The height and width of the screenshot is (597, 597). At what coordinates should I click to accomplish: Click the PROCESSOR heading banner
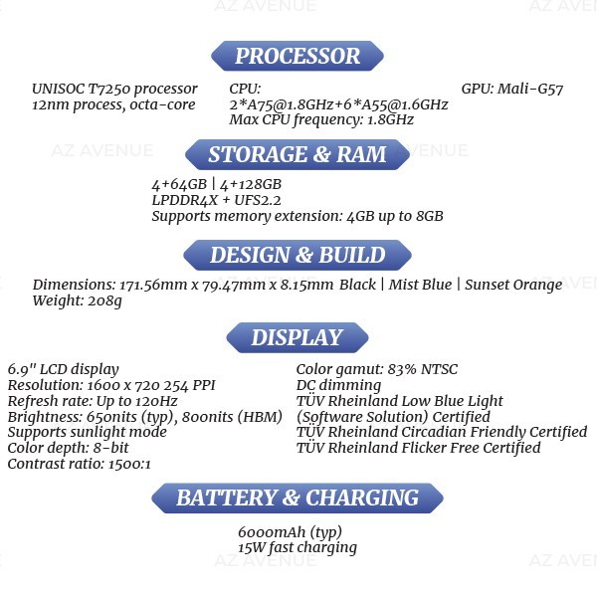(298, 56)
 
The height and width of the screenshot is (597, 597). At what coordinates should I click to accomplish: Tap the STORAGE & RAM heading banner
(298, 154)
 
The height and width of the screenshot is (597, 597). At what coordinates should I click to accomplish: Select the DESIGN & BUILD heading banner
(298, 255)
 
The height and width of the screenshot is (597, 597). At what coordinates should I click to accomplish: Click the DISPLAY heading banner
(298, 337)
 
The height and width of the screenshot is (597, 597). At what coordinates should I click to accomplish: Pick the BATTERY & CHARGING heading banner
(298, 498)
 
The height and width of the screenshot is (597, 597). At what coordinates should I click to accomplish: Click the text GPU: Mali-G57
(512, 89)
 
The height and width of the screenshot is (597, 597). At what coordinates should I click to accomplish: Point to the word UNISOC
(59, 89)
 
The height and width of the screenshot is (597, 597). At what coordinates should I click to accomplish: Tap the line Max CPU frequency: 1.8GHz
(321, 120)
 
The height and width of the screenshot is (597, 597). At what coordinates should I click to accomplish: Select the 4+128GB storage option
(251, 185)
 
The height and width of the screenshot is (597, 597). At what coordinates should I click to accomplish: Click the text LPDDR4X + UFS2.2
(216, 200)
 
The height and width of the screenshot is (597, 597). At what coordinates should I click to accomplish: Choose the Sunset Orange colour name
(513, 285)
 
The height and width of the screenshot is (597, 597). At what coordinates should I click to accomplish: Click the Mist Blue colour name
(420, 285)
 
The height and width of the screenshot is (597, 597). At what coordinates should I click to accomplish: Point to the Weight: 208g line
(78, 300)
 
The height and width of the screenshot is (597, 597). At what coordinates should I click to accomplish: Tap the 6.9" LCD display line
(64, 370)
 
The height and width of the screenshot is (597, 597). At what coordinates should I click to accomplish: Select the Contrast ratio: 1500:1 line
(80, 464)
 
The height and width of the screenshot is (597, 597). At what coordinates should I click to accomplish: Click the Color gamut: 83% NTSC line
(377, 369)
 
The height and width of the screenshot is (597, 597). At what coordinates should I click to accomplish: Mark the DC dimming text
(338, 385)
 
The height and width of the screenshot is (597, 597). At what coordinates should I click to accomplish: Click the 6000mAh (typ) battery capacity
(290, 532)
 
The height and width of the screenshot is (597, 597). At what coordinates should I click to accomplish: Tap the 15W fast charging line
(298, 548)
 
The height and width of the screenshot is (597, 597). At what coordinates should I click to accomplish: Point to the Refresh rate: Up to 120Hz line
(93, 401)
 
